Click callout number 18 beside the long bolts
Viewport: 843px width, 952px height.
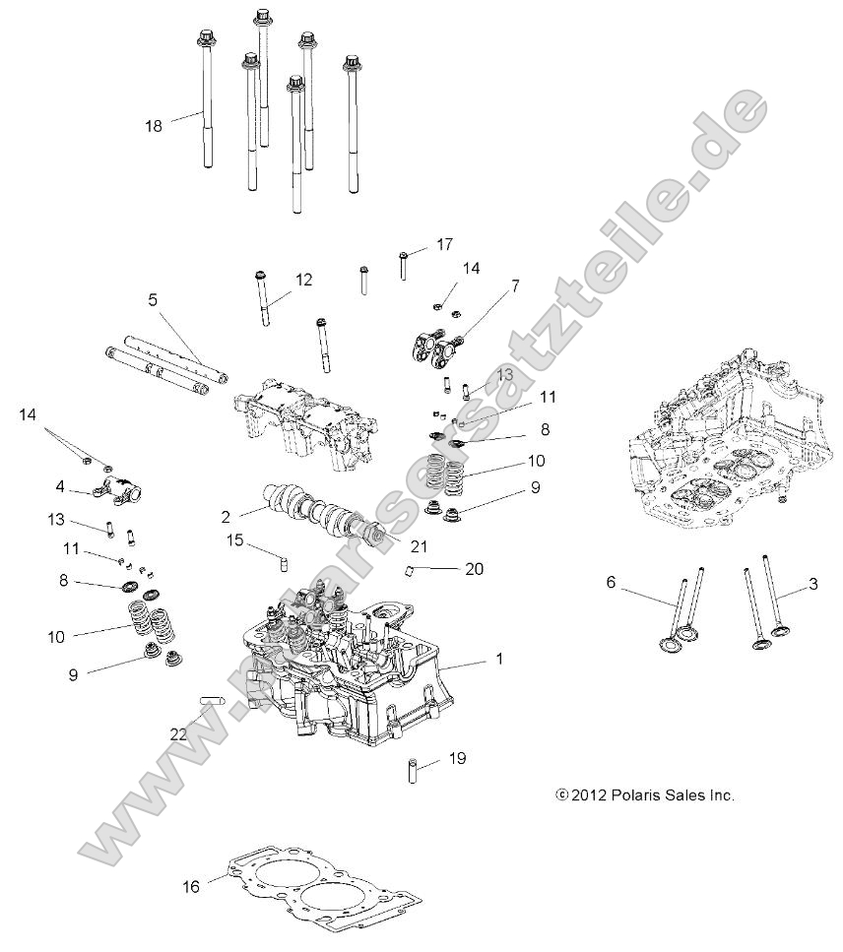(153, 125)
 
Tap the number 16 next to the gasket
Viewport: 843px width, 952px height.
(191, 887)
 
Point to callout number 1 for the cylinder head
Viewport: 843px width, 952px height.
(498, 659)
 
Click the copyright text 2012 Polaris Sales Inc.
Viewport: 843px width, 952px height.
(645, 795)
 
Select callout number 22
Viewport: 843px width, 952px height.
(178, 732)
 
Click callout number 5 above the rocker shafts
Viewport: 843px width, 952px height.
(153, 300)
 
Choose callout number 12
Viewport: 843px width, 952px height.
(303, 280)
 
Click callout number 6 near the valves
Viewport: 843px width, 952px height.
(611, 583)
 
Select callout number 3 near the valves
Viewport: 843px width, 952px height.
(812, 583)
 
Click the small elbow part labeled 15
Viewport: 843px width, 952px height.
(282, 560)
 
